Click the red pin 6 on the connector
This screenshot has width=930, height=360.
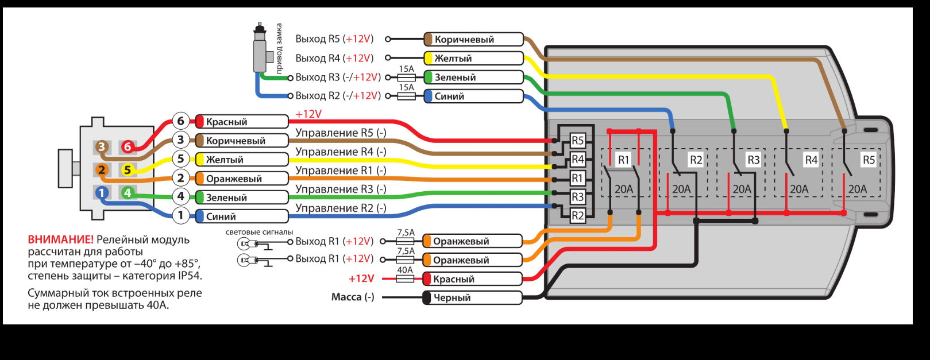click(128, 147)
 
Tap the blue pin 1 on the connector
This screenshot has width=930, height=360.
click(102, 193)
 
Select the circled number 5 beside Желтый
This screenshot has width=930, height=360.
click(180, 159)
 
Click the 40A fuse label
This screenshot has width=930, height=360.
click(405, 270)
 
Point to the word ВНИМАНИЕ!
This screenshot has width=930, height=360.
click(60, 240)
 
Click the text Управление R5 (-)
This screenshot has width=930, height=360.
click(341, 133)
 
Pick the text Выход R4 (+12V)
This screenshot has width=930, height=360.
click(334, 58)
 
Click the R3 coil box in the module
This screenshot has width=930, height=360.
click(577, 197)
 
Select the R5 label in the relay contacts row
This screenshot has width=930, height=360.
click(869, 160)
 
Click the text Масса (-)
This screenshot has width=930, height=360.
click(353, 297)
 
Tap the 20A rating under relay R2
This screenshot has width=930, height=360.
click(681, 189)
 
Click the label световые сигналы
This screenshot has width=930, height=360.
click(259, 232)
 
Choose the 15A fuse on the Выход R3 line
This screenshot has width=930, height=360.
click(407, 77)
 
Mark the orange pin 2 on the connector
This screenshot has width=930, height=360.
click(102, 170)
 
